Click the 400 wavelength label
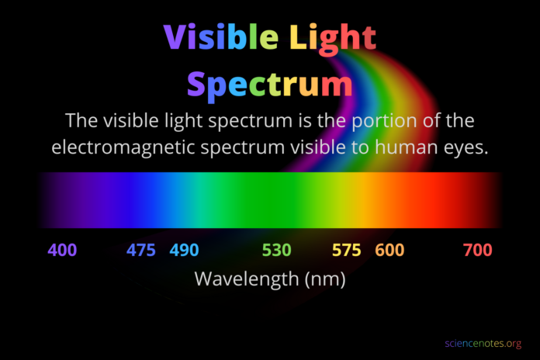click(x=62, y=250)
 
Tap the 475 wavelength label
click(x=141, y=250)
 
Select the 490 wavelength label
click(x=184, y=250)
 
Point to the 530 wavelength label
click(x=276, y=250)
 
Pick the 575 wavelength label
click(x=347, y=250)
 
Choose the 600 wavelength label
click(x=389, y=250)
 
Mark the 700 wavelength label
click(x=478, y=250)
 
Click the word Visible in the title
click(x=221, y=36)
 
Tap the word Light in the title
click(x=333, y=40)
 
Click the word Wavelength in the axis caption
click(x=247, y=279)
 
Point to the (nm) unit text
click(x=325, y=279)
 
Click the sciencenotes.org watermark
click(x=483, y=344)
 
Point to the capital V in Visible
click(x=175, y=36)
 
